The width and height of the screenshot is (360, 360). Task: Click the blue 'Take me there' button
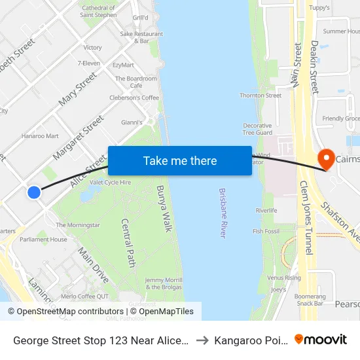[x=180, y=161]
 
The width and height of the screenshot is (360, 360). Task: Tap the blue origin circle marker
[x=34, y=192]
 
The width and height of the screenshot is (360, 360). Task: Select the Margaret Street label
[x=79, y=137]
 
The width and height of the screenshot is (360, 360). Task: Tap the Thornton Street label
[x=261, y=96]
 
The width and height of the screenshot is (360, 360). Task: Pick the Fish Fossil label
[x=266, y=232]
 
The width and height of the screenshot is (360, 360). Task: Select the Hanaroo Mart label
[x=40, y=136]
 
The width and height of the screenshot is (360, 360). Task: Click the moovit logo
[x=321, y=339]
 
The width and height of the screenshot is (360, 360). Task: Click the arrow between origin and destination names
[x=202, y=340]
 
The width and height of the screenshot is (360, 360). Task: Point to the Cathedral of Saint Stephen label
[x=98, y=11]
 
